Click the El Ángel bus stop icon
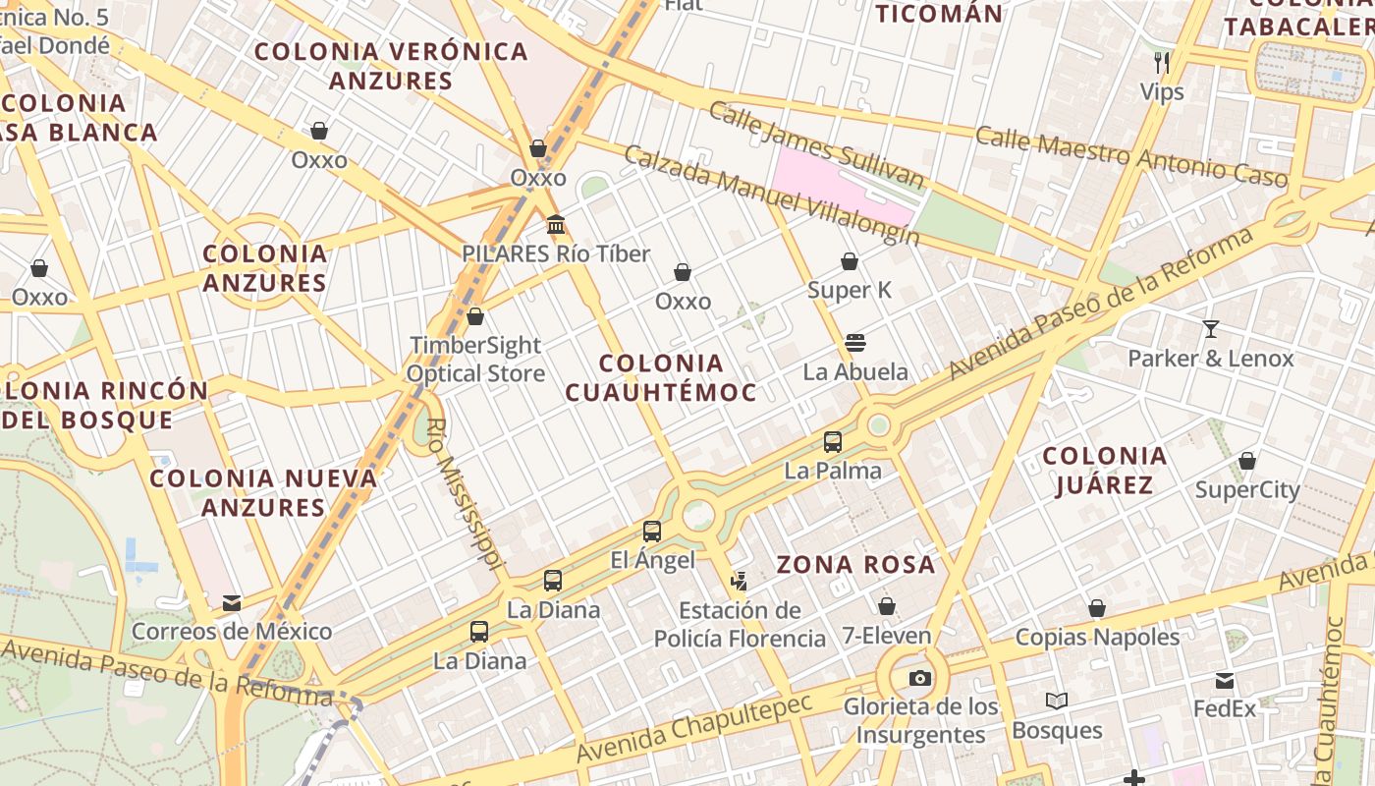[651, 532]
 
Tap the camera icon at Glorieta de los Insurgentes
[919, 678]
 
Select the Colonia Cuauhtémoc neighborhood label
[661, 378]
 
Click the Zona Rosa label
[855, 565]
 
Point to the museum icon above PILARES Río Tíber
[556, 225]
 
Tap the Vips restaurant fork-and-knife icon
[1162, 63]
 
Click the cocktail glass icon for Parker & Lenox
[1211, 329]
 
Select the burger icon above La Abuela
[854, 343]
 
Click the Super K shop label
[850, 290]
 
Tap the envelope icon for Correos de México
[232, 602]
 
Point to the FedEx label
[1224, 708]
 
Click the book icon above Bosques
[1057, 701]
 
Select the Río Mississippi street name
[466, 494]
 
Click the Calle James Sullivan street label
[816, 145]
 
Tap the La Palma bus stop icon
[833, 442]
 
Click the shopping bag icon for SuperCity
[1247, 461]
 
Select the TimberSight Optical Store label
[475, 360]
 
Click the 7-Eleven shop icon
[886, 606]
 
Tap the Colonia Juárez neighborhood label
[1104, 471]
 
